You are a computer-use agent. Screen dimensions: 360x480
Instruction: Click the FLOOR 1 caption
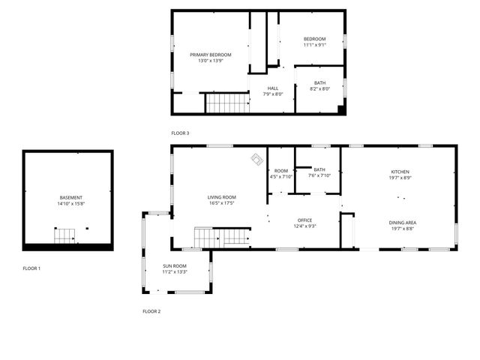coord(31,268)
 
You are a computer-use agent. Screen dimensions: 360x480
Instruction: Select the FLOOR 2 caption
coord(151,310)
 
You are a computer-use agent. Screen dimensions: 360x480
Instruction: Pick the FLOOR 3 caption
coord(180,133)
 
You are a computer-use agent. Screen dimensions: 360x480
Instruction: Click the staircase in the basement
coord(64,236)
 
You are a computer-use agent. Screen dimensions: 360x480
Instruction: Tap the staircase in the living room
coord(222,237)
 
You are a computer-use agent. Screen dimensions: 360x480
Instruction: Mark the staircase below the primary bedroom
coord(226,103)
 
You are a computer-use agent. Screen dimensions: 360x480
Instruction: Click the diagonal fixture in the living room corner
coord(256,159)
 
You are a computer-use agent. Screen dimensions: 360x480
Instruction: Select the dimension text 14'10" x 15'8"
coord(71,204)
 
